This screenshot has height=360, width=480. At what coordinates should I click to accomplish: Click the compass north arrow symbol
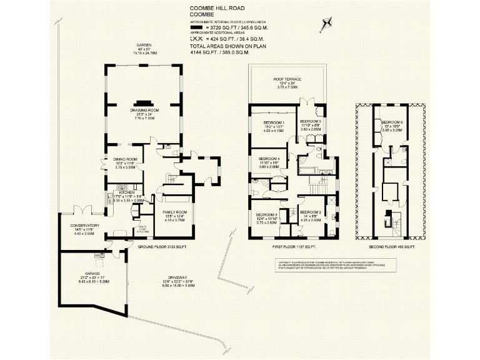click(x=324, y=25)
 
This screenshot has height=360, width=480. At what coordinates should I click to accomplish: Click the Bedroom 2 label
click(x=311, y=212)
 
